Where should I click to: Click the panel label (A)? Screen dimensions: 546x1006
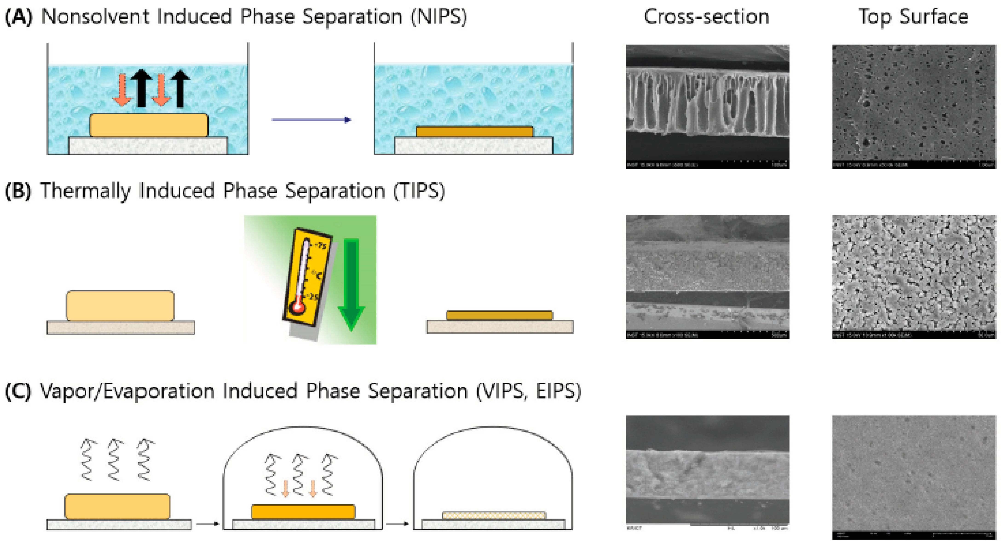point(18,17)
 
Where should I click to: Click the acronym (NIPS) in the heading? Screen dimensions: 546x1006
point(438,17)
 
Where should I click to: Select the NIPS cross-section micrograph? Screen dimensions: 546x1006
point(707,106)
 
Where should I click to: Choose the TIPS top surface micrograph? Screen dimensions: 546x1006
point(914,277)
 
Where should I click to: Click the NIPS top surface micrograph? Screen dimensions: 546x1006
point(914,106)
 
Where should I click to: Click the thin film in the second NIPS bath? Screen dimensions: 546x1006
point(475,132)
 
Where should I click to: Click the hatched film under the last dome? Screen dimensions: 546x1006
point(494,516)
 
